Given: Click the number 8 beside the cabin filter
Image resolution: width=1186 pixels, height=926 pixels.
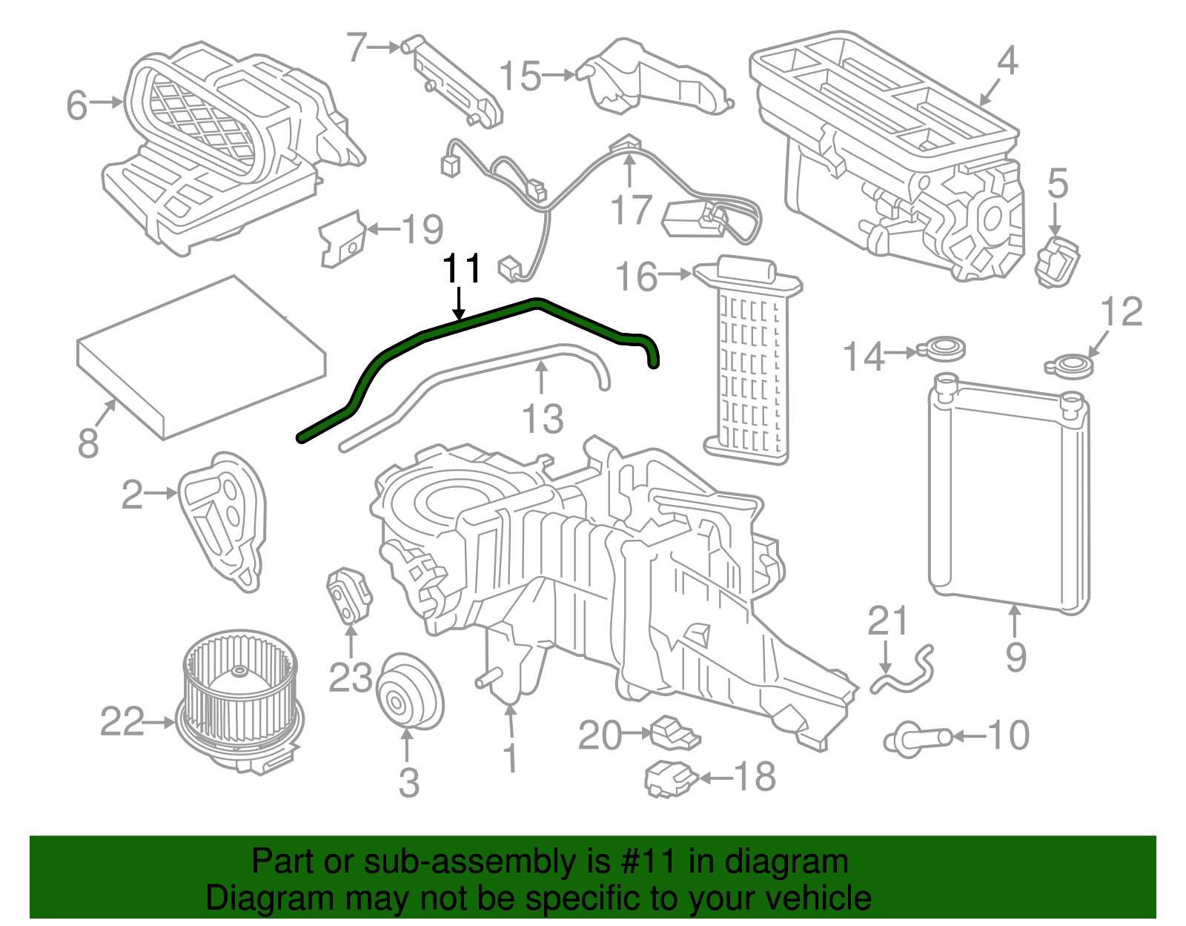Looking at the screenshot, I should (x=88, y=443).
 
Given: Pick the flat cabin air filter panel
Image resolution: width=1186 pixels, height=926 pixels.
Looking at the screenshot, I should (x=202, y=356).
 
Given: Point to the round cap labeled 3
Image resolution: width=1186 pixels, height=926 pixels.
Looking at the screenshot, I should (x=409, y=691).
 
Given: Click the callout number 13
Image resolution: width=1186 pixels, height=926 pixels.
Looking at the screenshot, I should (x=543, y=419).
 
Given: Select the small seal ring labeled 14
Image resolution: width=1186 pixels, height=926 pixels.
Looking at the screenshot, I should (x=942, y=347).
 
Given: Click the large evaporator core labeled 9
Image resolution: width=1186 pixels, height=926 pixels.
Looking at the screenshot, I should (x=1008, y=497).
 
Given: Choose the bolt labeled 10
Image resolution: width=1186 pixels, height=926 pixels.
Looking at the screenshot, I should (x=918, y=738).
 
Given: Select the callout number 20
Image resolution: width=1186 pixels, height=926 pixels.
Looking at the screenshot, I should (x=600, y=735).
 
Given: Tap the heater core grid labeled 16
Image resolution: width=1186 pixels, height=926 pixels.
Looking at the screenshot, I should (x=749, y=363).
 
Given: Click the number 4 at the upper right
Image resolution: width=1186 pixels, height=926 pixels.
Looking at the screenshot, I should (x=1007, y=61).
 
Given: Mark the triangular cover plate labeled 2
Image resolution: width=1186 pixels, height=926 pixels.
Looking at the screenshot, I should (x=222, y=519).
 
